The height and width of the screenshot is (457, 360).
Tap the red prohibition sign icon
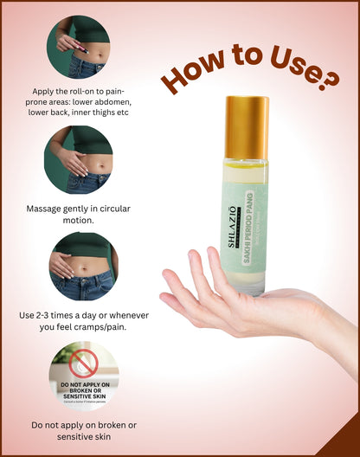[x=84, y=364]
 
